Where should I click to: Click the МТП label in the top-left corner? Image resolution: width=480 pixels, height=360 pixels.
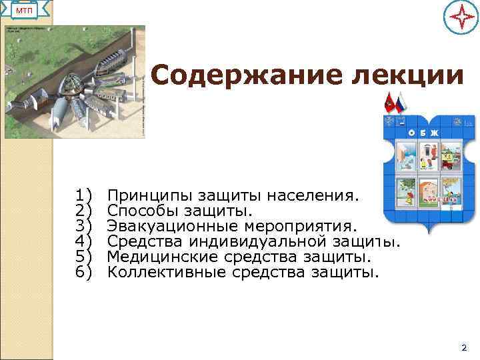click(x=25, y=11)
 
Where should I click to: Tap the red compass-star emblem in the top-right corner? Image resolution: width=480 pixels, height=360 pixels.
click(x=460, y=18)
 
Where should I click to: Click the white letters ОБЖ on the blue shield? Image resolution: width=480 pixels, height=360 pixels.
click(x=424, y=132)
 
